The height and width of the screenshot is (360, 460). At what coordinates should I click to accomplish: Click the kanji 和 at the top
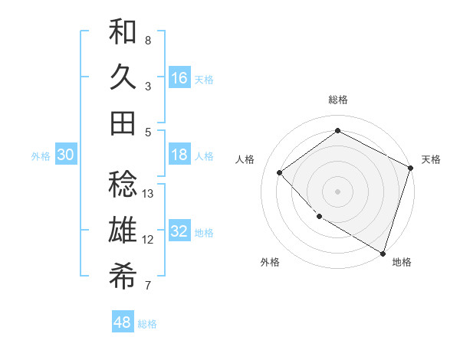tap(123, 34)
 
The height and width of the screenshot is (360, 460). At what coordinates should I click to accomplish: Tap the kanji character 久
tap(123, 77)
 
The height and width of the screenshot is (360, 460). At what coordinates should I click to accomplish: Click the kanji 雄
tap(123, 230)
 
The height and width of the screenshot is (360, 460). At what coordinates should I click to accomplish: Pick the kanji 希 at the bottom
tap(123, 275)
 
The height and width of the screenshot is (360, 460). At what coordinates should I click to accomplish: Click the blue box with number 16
tap(179, 77)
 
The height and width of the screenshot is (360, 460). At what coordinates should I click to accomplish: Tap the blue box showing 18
tap(179, 155)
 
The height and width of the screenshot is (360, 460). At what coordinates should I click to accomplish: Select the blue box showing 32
tap(179, 231)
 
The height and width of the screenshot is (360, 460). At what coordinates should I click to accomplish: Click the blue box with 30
tap(65, 155)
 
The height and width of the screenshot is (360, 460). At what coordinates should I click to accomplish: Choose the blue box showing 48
tap(123, 322)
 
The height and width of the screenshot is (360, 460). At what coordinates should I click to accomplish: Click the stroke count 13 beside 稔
tap(149, 194)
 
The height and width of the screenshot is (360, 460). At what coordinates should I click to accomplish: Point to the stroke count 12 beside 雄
tap(149, 240)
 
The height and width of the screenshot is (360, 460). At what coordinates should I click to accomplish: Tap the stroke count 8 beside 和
tap(148, 40)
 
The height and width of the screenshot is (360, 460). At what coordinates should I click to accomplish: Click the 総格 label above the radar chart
tap(338, 100)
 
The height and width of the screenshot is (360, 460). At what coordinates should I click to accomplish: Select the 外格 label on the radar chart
tap(270, 263)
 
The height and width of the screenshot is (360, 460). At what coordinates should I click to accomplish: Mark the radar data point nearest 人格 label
tap(280, 172)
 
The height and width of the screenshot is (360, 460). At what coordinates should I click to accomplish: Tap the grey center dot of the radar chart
tap(337, 191)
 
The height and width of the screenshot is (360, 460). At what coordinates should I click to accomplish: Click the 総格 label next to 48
tap(147, 324)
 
